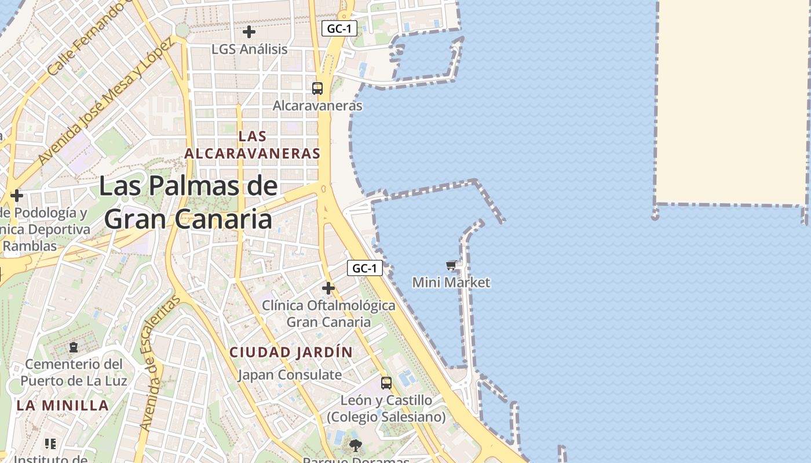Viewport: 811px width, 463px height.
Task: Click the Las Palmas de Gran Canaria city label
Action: click(188, 203)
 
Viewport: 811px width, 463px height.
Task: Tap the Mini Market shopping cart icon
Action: click(451, 266)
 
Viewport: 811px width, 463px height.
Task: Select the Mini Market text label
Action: click(451, 282)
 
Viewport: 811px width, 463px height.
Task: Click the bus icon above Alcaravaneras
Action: click(317, 89)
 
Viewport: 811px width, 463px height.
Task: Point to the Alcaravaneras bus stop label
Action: click(317, 106)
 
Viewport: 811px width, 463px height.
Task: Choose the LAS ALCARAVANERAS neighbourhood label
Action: click(252, 145)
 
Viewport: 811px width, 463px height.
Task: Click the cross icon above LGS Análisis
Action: click(249, 32)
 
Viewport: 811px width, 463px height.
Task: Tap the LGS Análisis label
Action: click(249, 49)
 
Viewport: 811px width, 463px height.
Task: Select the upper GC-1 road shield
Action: click(339, 28)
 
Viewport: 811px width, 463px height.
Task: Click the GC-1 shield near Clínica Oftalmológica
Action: click(365, 268)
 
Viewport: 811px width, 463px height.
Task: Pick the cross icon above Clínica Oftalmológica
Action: click(328, 288)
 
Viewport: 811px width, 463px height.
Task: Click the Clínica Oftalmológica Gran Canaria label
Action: click(328, 314)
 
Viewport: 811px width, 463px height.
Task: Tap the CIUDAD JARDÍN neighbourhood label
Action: click(291, 352)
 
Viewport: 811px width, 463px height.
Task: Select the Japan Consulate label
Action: click(290, 374)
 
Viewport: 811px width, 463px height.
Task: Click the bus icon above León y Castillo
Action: click(386, 383)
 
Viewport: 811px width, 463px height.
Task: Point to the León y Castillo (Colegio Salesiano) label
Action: click(386, 409)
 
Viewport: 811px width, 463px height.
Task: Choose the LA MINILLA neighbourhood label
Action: click(63, 405)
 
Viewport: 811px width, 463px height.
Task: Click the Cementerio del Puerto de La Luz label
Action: click(74, 373)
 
